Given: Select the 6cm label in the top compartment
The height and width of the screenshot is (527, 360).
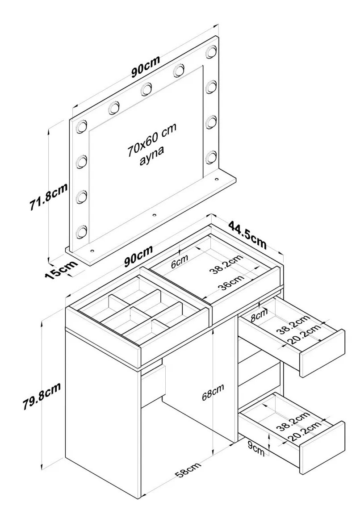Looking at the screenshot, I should pos(180,262).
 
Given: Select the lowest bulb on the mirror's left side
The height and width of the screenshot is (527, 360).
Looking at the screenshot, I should pos(81,231).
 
